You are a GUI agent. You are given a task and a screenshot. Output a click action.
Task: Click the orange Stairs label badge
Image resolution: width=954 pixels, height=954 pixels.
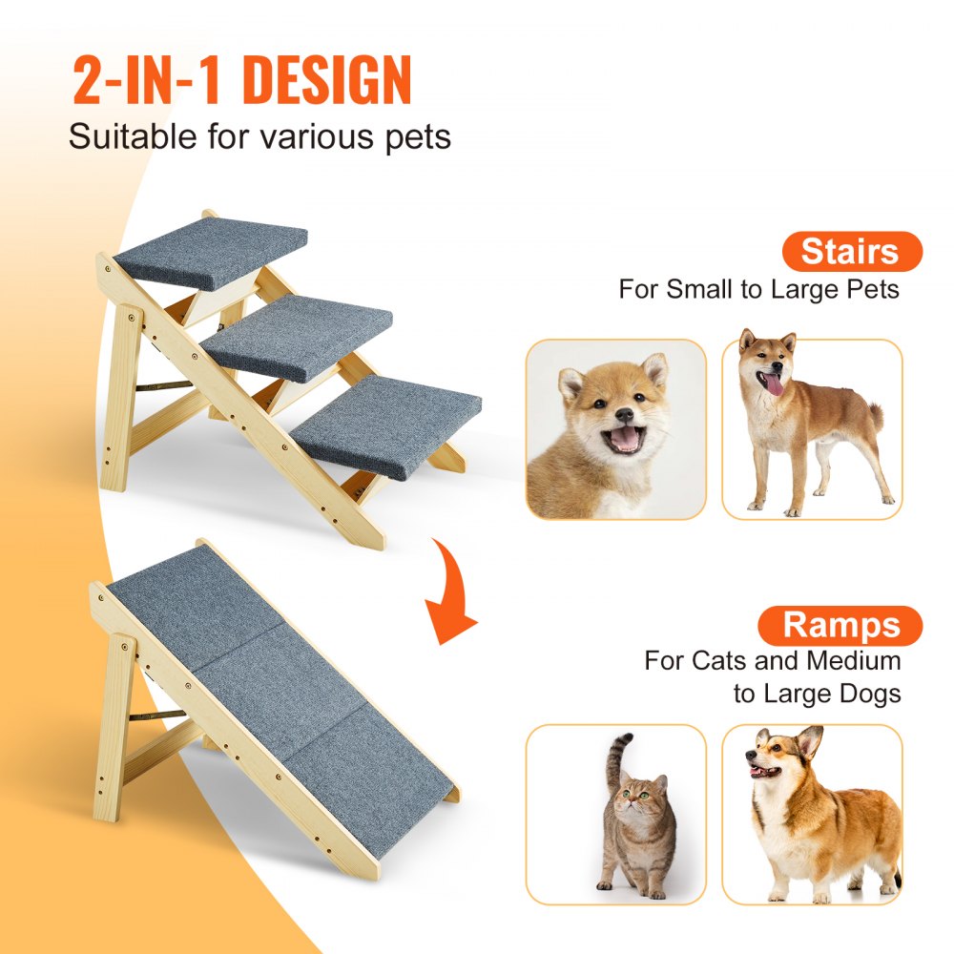coord(852,252)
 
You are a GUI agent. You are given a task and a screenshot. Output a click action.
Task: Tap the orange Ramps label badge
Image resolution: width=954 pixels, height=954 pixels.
coord(840,626)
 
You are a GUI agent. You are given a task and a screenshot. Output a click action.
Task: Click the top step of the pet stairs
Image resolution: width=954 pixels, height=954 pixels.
coord(212,251)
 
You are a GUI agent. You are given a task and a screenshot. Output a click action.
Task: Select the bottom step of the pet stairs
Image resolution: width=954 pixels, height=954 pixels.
coord(387,424)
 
